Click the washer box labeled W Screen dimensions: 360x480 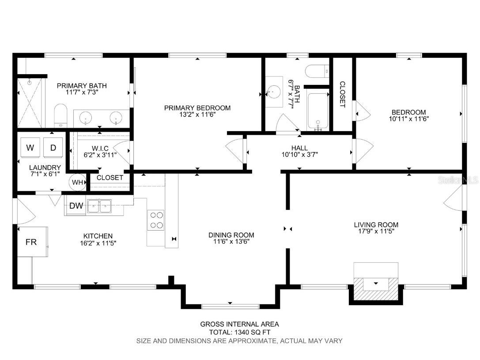pyautogui.click(x=30, y=148)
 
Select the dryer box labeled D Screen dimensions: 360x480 pyautogui.click(x=53, y=148)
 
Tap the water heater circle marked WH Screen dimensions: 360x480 pyautogui.click(x=77, y=182)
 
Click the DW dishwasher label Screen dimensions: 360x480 pyautogui.click(x=76, y=205)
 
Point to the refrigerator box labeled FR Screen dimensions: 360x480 pyautogui.click(x=31, y=242)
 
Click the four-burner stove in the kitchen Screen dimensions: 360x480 pyautogui.click(x=156, y=220)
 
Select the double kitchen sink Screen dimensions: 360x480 pyautogui.click(x=99, y=205)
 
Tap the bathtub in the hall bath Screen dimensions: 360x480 pyautogui.click(x=318, y=112)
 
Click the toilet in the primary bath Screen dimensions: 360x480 pyautogui.click(x=60, y=116)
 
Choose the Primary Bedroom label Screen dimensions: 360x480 pyautogui.click(x=197, y=108)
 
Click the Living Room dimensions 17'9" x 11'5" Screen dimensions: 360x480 pyautogui.click(x=376, y=231)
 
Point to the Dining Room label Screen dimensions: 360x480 pyautogui.click(x=231, y=235)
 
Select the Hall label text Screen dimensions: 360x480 pyautogui.click(x=300, y=148)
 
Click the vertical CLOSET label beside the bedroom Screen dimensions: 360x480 pyautogui.click(x=342, y=94)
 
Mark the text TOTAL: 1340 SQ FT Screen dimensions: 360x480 pyautogui.click(x=240, y=332)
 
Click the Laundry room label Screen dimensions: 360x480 pyautogui.click(x=45, y=167)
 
